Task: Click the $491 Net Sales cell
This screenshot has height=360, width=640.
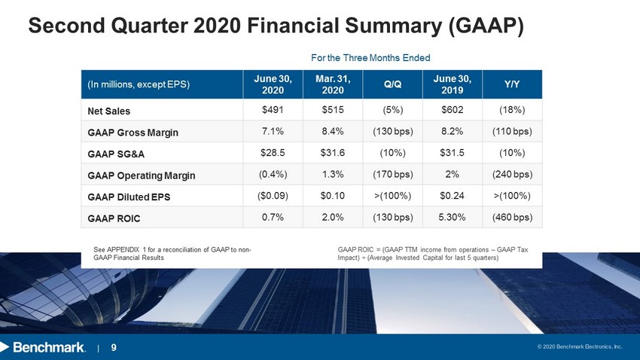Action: pyautogui.click(x=273, y=110)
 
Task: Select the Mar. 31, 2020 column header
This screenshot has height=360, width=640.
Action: pyautogui.click(x=333, y=84)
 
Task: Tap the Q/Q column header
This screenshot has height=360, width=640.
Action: pyautogui.click(x=392, y=84)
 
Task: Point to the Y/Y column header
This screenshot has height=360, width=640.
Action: pyautogui.click(x=512, y=84)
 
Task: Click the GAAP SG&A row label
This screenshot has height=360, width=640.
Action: pyautogui.click(x=116, y=154)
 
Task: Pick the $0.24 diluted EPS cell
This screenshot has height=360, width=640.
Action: pyautogui.click(x=452, y=196)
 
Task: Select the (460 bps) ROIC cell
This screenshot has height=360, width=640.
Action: pyautogui.click(x=512, y=217)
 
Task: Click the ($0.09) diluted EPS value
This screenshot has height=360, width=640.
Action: pyautogui.click(x=273, y=196)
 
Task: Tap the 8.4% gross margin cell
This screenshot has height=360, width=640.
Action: pyautogui.click(x=333, y=132)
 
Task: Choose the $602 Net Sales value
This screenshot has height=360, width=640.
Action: pyautogui.click(x=452, y=110)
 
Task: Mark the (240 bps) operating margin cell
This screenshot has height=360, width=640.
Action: pyautogui.click(x=512, y=174)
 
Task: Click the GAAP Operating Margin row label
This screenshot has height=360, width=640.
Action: pyautogui.click(x=142, y=175)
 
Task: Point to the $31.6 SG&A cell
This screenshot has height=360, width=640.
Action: pyautogui.click(x=333, y=153)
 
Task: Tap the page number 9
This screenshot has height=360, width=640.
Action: pyautogui.click(x=114, y=347)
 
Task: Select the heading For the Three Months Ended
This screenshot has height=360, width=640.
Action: pyautogui.click(x=370, y=58)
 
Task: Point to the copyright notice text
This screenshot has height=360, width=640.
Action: pyautogui.click(x=580, y=346)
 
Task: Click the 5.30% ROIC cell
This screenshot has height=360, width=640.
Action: pyautogui.click(x=452, y=217)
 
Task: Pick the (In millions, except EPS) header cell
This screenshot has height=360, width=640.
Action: pyautogui.click(x=139, y=84)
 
